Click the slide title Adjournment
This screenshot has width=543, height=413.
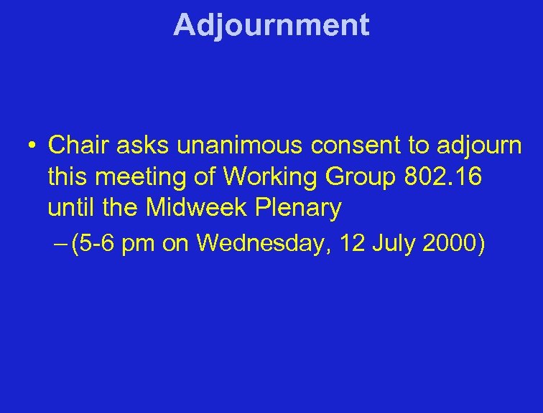(271, 24)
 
